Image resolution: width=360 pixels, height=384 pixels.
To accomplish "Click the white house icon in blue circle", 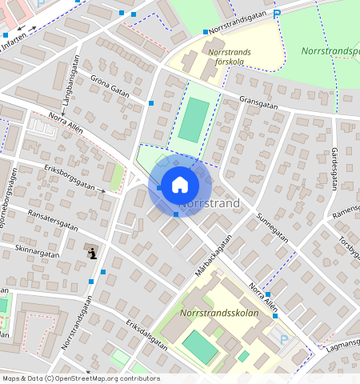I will point(180,185).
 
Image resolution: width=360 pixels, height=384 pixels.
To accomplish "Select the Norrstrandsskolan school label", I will point(219,313).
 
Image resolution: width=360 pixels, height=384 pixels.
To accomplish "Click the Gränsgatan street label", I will point(258,102).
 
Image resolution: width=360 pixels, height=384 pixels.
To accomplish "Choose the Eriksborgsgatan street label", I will point(70,178).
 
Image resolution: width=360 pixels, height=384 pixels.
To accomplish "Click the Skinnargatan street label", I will point(38,253).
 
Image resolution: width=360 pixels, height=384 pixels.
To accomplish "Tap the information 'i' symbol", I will point(93,254).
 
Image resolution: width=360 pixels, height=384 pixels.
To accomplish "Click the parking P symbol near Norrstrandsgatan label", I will point(277,14).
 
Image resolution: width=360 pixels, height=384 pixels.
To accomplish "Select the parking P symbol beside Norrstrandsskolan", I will point(284,339).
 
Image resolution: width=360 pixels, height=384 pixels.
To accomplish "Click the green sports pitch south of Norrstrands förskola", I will point(193,120).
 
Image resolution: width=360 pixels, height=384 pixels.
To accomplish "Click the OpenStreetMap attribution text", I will point(80,378).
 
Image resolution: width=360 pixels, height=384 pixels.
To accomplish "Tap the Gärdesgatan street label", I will point(336,163).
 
